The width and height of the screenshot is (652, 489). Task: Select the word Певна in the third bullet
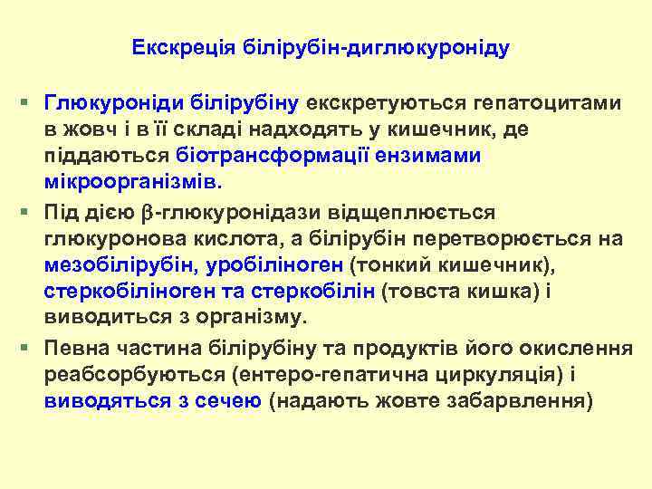point(77,349)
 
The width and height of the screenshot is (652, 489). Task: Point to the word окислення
point(564,349)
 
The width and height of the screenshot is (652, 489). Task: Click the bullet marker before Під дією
point(30,212)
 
